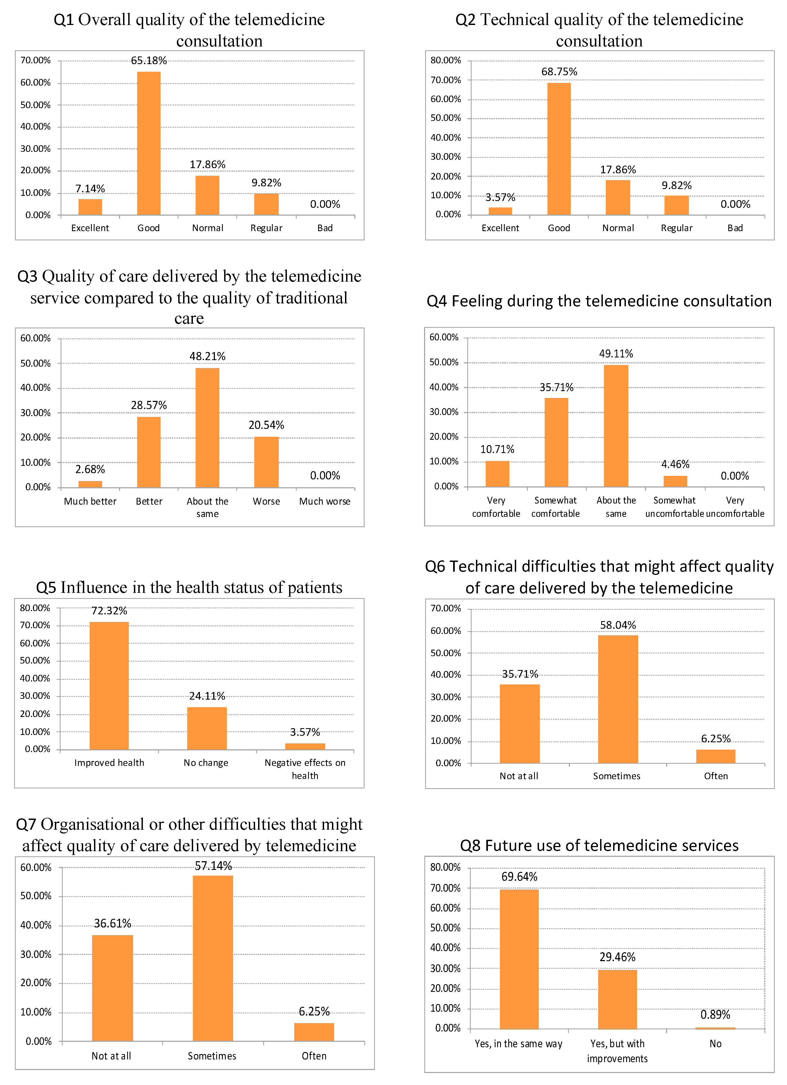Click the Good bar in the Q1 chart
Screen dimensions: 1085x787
click(149, 143)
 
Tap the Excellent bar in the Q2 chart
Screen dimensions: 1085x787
click(500, 211)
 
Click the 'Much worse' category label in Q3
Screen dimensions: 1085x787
click(325, 501)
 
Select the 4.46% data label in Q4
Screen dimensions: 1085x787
click(675, 464)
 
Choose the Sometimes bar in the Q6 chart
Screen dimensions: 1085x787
click(618, 699)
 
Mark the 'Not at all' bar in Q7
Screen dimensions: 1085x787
click(112, 987)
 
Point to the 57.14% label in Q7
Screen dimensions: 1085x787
click(213, 866)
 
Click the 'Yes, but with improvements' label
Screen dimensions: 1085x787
click(617, 1051)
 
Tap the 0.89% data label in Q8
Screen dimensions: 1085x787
click(715, 1015)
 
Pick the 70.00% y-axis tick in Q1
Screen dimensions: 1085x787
click(35, 60)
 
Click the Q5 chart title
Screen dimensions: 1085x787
click(189, 587)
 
